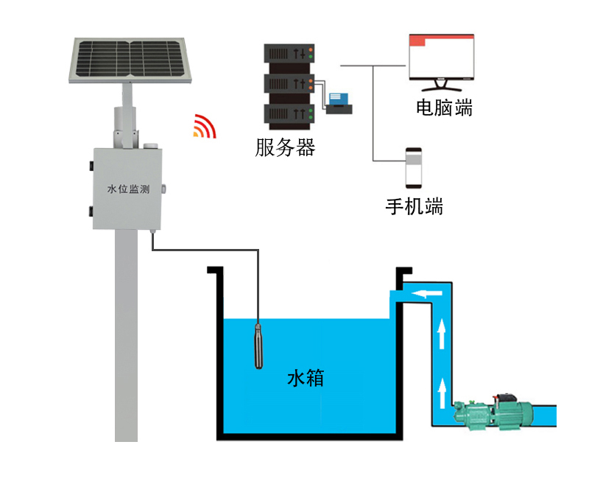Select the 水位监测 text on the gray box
pos(129,189)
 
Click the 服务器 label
pos(285,148)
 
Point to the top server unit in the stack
pos(289,54)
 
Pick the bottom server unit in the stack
pos(289,113)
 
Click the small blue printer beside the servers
pos(339,102)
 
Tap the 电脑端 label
pos(444,108)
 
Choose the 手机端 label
pos(415,206)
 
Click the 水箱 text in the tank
pos(305,380)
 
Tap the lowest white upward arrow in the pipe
pos(441,393)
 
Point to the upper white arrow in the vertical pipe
pos(441,334)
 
